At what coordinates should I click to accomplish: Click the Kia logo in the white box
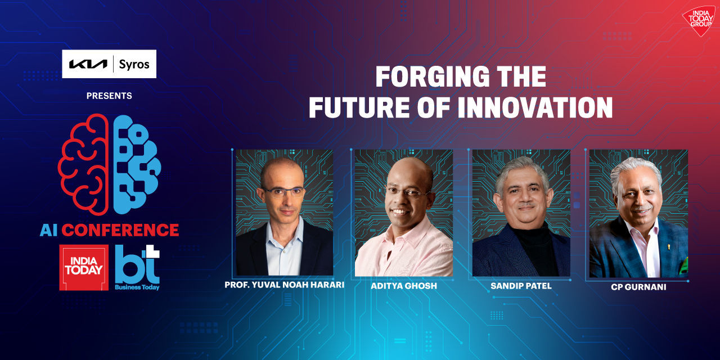[x=88, y=64]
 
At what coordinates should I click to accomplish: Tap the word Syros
[x=134, y=64]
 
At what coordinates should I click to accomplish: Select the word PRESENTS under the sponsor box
[x=109, y=96]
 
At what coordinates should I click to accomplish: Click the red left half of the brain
[x=83, y=164]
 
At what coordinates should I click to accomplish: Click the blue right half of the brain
[x=136, y=164]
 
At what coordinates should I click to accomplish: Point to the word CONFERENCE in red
[x=120, y=230]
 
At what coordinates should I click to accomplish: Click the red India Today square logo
[x=84, y=268]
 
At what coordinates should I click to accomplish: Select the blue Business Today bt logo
[x=137, y=268]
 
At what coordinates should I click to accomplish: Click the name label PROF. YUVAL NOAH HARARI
[x=284, y=285]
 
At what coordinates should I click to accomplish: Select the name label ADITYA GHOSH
[x=404, y=286]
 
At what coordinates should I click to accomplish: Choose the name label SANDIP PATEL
[x=521, y=286]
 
